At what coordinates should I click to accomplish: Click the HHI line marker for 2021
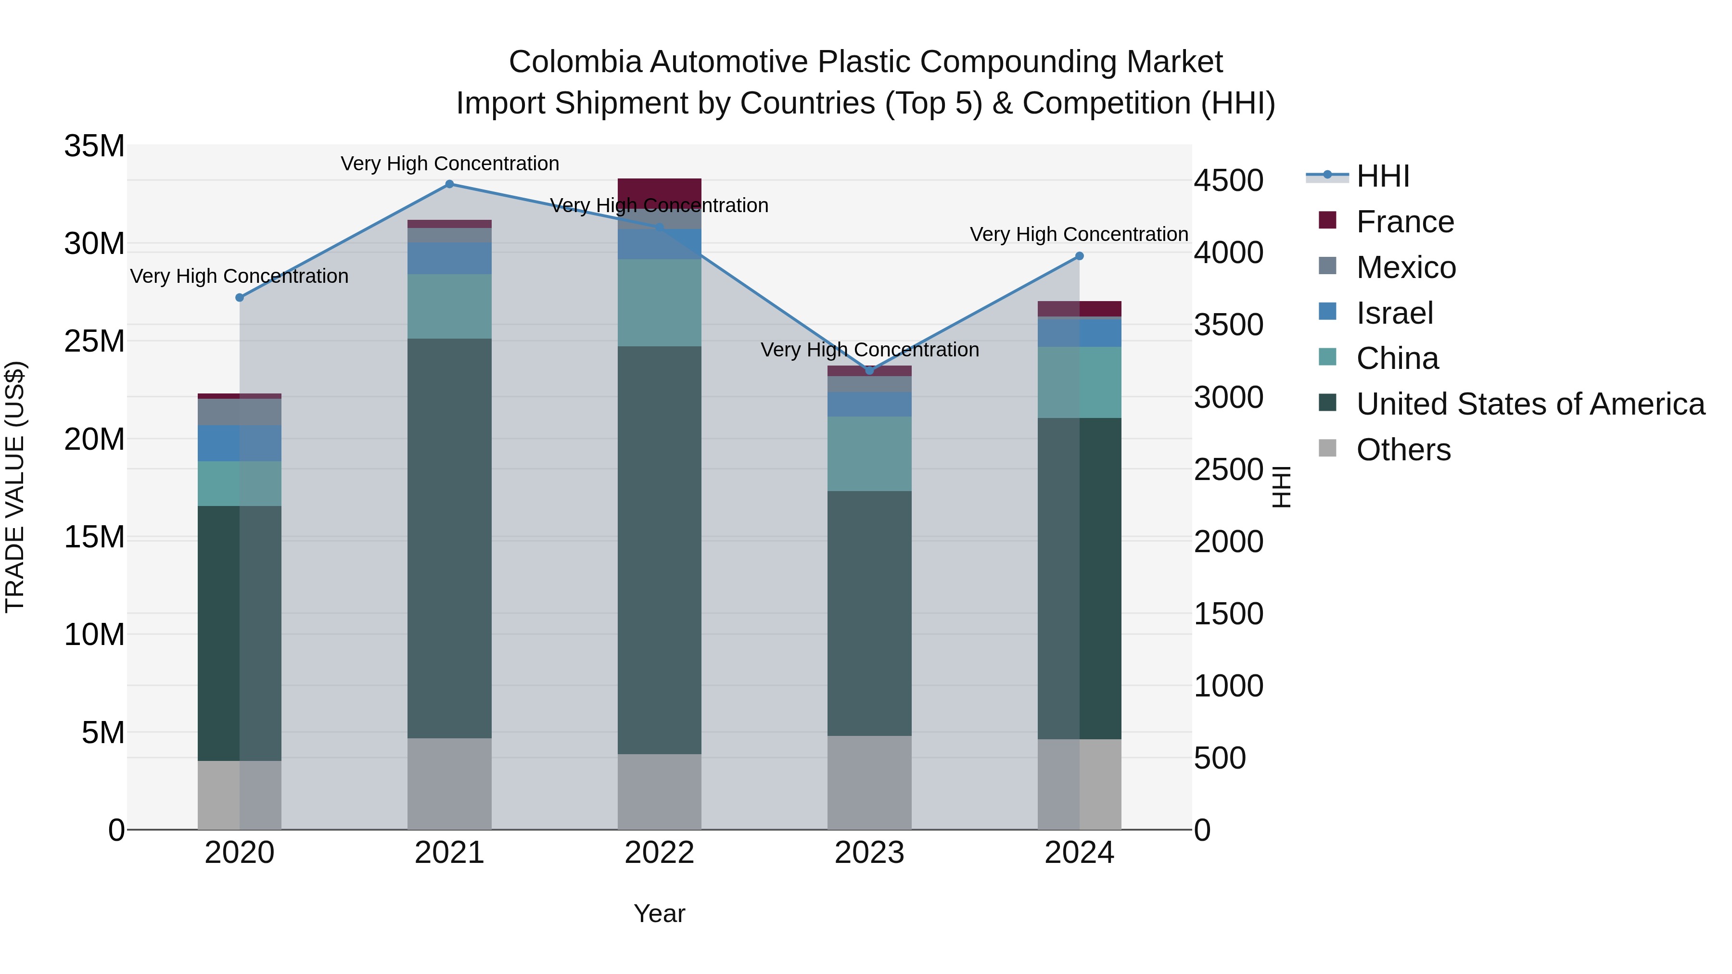(450, 184)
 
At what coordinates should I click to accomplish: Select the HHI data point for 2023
(869, 370)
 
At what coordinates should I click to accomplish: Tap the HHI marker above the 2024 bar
(1079, 256)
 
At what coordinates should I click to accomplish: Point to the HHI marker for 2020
(240, 298)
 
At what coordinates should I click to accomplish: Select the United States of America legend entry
(1529, 404)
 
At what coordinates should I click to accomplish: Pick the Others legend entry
(1403, 450)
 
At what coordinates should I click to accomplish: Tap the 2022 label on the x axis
(659, 853)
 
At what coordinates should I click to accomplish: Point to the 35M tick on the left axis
(94, 146)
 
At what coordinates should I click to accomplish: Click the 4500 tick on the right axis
(1228, 181)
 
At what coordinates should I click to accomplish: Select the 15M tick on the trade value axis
(94, 537)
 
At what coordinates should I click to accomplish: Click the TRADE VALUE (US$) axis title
(15, 487)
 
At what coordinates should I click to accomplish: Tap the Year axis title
(659, 913)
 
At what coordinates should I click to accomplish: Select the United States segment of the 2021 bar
(450, 538)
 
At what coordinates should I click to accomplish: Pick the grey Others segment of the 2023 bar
(869, 783)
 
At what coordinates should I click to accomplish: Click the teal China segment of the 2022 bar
(659, 303)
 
